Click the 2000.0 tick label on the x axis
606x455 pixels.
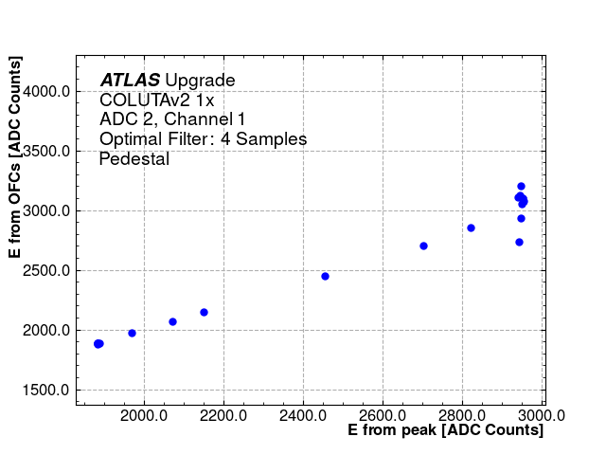pyautogui.click(x=144, y=414)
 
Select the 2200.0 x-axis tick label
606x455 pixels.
pyautogui.click(x=223, y=414)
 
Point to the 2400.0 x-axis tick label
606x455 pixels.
pyautogui.click(x=303, y=414)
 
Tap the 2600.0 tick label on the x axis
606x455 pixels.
pyautogui.click(x=383, y=414)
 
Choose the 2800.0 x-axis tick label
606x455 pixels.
pyautogui.click(x=462, y=414)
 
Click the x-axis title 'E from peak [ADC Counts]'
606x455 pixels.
pyautogui.click(x=445, y=430)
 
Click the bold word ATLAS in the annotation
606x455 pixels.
pyautogui.click(x=130, y=81)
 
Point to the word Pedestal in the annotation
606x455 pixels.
pyautogui.click(x=134, y=159)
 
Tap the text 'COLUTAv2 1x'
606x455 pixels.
pyautogui.click(x=157, y=100)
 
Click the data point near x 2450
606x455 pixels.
pyautogui.click(x=325, y=276)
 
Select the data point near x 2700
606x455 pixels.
pyautogui.click(x=423, y=246)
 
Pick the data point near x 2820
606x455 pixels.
pyautogui.click(x=471, y=227)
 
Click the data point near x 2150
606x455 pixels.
pyautogui.click(x=204, y=312)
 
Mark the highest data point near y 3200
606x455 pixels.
pyautogui.click(x=521, y=187)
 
